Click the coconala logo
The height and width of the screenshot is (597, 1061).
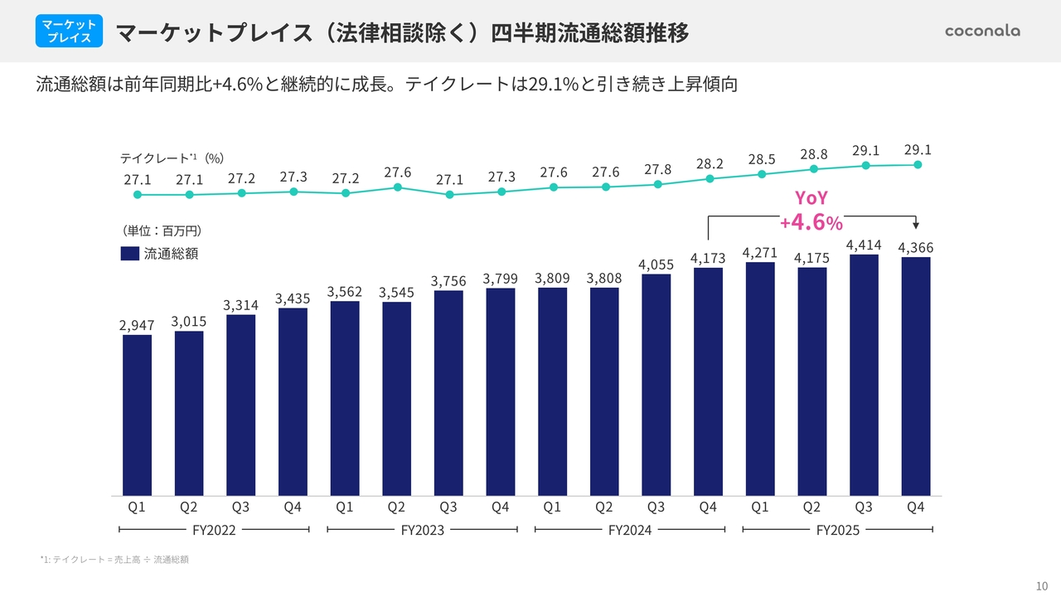pos(982,31)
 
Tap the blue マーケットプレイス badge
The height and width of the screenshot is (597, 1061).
pos(69,31)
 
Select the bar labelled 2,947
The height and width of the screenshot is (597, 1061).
pos(137,415)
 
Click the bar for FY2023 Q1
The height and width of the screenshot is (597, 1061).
pos(345,398)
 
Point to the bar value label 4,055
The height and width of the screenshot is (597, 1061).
pos(656,264)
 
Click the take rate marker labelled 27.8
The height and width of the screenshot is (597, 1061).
pos(658,184)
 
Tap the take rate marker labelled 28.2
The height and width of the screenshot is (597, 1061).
pos(710,178)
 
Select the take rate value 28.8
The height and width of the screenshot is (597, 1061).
pos(814,154)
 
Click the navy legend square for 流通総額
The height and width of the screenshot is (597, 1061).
pos(129,254)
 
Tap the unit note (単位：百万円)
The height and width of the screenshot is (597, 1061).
pos(162,230)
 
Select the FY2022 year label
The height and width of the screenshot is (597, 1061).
pos(214,530)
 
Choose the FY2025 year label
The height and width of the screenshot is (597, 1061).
pos(837,530)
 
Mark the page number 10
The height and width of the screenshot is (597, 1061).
pos(1042,583)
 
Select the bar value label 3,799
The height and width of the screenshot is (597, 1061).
pos(501,278)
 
